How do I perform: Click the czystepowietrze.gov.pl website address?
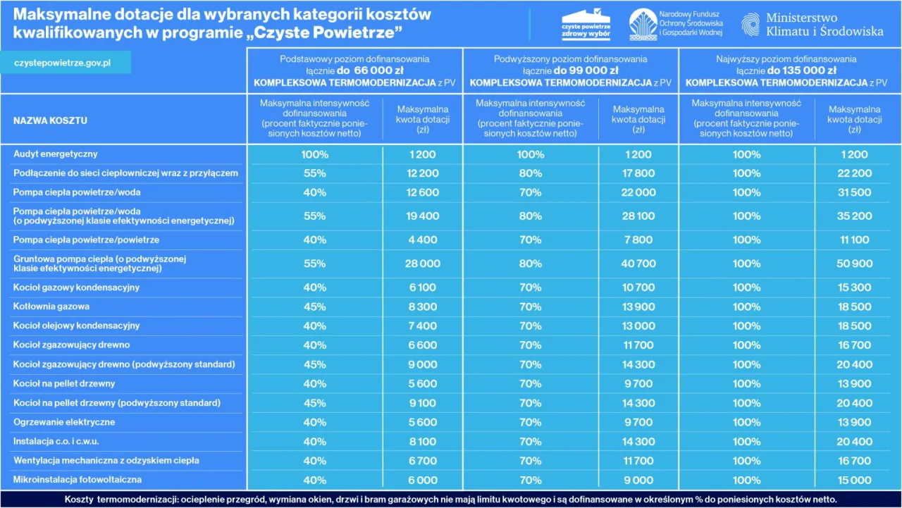tap(62, 63)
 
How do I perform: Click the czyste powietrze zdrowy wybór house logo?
tap(586, 24)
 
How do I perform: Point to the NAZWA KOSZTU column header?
tap(50, 120)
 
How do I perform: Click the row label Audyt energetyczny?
tap(56, 154)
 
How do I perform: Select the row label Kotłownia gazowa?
tap(51, 306)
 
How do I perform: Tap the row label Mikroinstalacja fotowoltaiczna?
tap(78, 480)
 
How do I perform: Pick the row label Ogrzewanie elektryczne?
tap(64, 422)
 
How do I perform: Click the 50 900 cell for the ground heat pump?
tap(854, 264)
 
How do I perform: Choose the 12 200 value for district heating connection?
tap(422, 173)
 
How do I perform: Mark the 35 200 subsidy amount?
tap(854, 216)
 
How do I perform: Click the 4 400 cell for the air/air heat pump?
tap(422, 240)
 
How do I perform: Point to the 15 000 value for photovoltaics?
tap(854, 480)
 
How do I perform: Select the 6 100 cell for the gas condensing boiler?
tap(422, 287)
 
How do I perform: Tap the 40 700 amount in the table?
tap(638, 264)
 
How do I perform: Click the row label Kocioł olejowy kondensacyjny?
tap(77, 326)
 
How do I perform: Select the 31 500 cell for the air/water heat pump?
tap(854, 192)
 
